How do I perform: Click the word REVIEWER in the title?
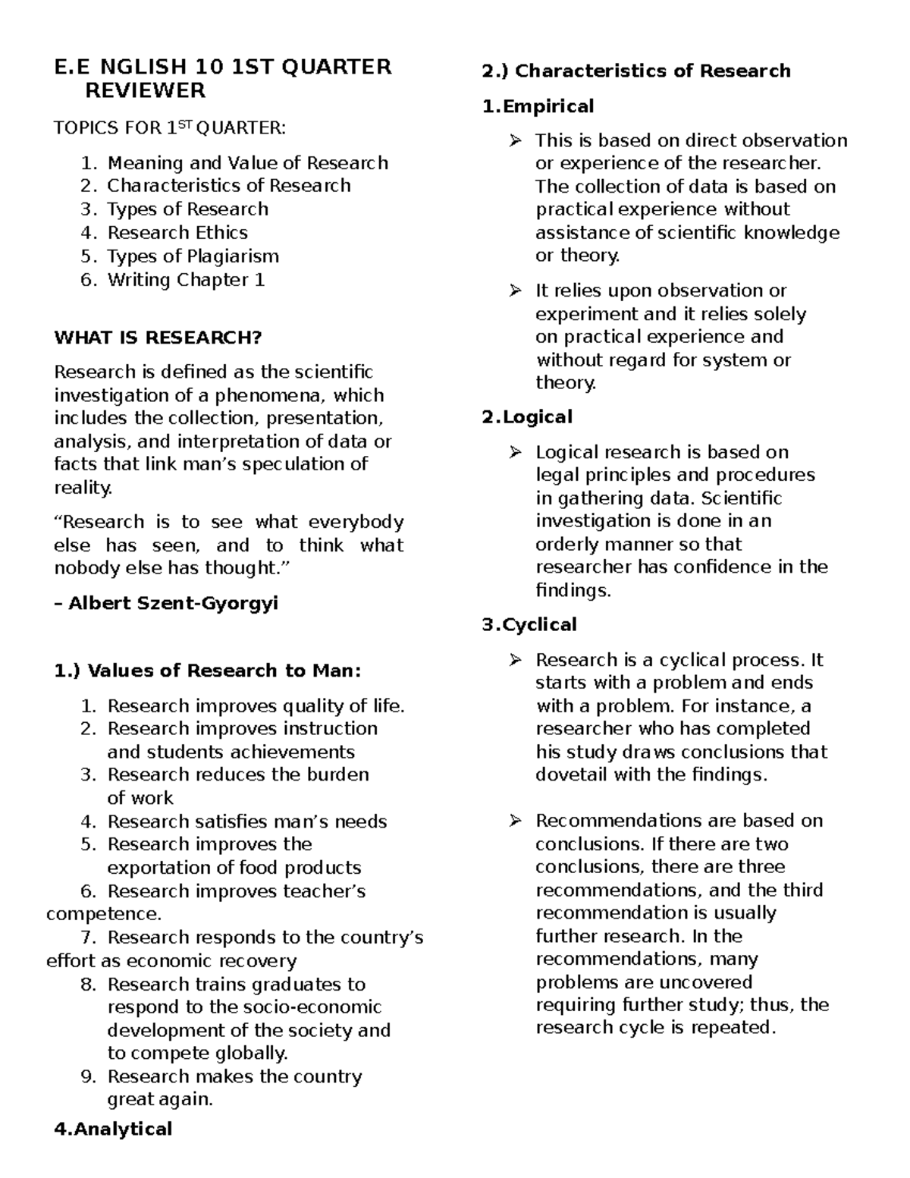click(144, 91)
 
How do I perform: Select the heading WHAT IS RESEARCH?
click(158, 338)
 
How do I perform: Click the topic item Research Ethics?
click(177, 232)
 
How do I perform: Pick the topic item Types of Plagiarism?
click(193, 256)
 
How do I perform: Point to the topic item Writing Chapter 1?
click(186, 279)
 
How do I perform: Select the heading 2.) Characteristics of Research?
click(635, 71)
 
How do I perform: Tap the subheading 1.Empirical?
click(538, 106)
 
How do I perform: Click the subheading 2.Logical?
click(527, 416)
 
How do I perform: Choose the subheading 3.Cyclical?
click(529, 624)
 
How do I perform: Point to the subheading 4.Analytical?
click(114, 1129)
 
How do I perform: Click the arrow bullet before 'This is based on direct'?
click(516, 140)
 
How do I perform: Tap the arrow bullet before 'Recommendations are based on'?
click(516, 821)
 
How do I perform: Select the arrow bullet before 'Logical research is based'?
click(516, 452)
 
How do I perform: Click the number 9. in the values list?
click(88, 1076)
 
